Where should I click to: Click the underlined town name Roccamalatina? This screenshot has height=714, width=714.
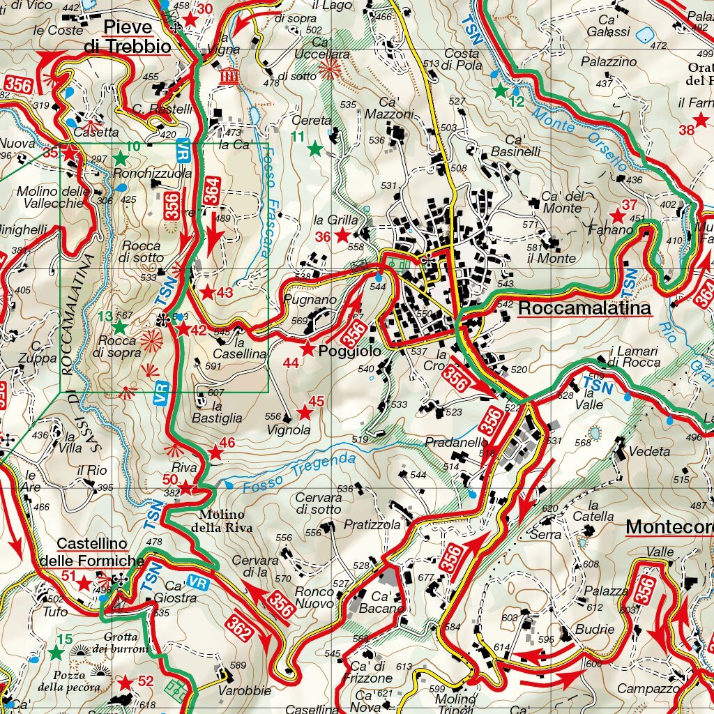tap(585, 308)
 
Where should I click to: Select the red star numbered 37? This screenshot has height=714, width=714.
tap(616, 216)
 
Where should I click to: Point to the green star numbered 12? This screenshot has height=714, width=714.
tap(499, 90)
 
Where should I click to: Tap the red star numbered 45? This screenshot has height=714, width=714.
tap(305, 413)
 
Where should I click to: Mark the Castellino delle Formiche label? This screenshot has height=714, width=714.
tap(92, 552)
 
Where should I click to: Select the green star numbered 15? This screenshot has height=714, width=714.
tap(56, 653)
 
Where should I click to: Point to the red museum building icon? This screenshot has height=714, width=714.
tap(228, 75)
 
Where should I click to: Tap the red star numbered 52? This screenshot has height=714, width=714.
tap(126, 682)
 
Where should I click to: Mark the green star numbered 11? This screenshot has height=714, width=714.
tap(315, 149)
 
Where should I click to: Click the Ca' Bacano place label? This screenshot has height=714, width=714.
tap(380, 602)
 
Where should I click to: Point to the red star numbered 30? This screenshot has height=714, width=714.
tap(190, 19)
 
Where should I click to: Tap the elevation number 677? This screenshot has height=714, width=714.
tap(425, 577)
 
